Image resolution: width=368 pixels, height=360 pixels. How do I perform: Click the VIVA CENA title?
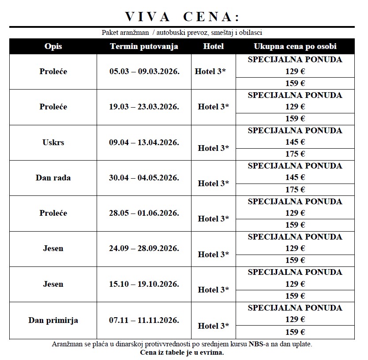[x=182, y=17]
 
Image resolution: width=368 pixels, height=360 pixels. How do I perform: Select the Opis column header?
[x=53, y=46]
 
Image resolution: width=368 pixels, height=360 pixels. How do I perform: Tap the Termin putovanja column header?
[x=144, y=46]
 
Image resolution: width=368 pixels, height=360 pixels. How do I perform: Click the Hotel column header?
[x=214, y=46]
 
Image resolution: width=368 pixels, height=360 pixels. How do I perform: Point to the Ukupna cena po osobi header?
[x=295, y=46]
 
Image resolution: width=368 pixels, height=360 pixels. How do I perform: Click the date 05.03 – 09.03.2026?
[x=144, y=71]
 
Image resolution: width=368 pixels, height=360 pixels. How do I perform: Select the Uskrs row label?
[x=53, y=142]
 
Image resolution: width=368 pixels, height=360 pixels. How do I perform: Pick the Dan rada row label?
[x=53, y=178]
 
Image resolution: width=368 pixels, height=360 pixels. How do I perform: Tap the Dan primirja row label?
[x=53, y=320]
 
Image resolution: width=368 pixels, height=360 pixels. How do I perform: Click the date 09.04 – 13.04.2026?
[x=144, y=142]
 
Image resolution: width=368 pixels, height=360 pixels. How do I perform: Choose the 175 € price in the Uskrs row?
[x=295, y=154]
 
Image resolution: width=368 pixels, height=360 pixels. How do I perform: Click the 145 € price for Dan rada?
[x=295, y=177]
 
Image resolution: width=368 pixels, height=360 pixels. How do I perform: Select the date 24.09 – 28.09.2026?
[x=144, y=248]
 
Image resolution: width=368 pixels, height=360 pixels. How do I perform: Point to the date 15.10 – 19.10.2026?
[x=144, y=284]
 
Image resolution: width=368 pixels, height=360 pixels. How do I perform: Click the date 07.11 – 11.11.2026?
[x=144, y=320]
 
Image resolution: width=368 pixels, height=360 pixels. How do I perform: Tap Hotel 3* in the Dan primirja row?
[x=214, y=326]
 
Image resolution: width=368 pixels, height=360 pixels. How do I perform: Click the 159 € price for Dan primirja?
[x=295, y=332]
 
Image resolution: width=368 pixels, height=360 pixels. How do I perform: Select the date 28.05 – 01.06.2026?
[x=144, y=213]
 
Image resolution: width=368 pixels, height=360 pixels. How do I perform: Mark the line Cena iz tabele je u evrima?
[x=182, y=352]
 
